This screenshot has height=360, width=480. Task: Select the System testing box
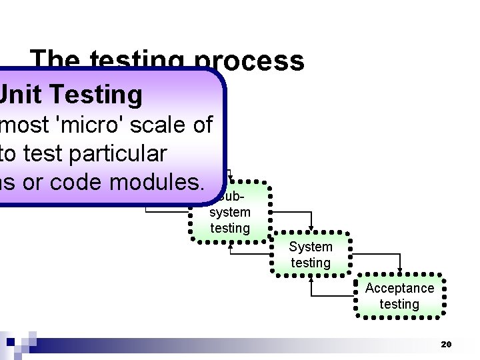point(311,255)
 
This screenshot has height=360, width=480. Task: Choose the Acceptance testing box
point(399,296)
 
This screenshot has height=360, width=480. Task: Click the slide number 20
point(446,345)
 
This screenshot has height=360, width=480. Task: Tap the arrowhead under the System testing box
point(311,279)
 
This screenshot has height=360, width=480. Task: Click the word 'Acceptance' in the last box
point(399,288)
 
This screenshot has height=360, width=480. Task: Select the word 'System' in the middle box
point(311,247)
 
